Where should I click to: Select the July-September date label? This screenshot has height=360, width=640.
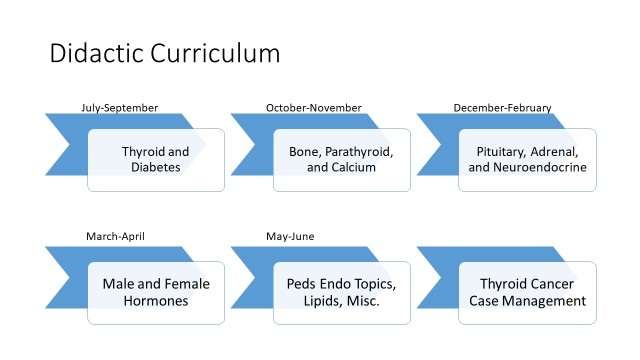119,108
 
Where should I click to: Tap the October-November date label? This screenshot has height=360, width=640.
313,108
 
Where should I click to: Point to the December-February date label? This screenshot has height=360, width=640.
502,108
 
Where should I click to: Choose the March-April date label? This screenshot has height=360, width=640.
115,237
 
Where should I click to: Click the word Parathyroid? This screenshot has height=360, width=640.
363,151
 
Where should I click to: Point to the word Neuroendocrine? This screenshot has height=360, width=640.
540,168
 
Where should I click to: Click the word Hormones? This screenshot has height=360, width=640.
156,301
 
